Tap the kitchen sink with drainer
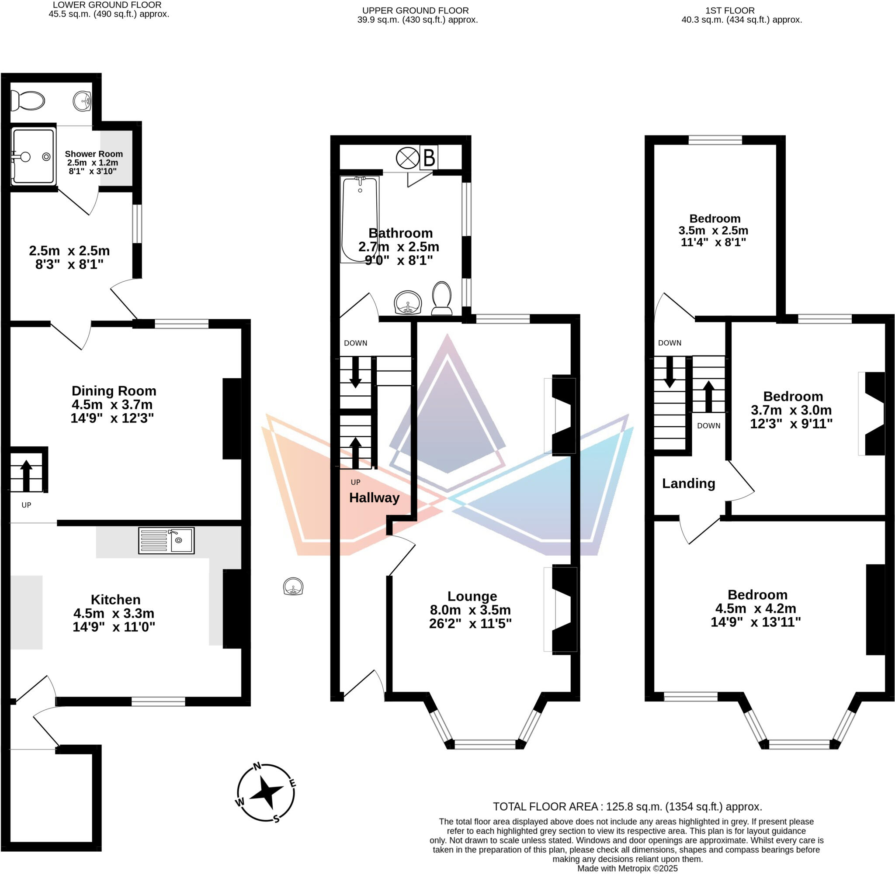click(166, 540)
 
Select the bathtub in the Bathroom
click(360, 219)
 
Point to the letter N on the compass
click(257, 766)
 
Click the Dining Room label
click(114, 390)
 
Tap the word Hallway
click(374, 497)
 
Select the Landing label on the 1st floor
click(688, 483)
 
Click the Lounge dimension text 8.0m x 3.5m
click(470, 610)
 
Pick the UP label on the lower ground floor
click(26, 505)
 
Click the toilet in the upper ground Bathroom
click(442, 298)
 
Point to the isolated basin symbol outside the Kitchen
click(293, 587)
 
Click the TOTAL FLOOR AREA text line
click(627, 806)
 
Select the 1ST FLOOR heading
click(730, 10)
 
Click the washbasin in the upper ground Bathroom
click(408, 303)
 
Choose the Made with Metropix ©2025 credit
click(627, 868)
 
